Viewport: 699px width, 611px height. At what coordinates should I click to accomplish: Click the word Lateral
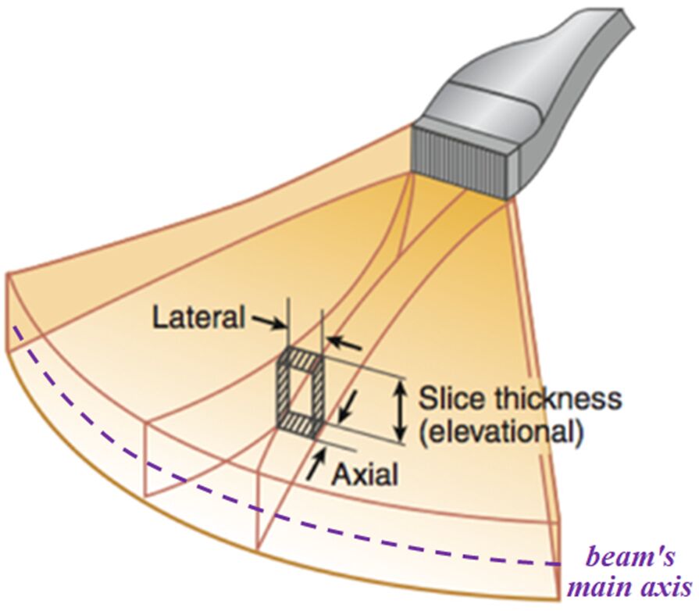(x=199, y=318)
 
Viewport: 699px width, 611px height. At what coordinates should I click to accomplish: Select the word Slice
(x=451, y=399)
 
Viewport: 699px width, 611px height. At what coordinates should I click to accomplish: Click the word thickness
(x=555, y=399)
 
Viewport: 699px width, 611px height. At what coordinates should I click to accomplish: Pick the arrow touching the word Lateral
(x=266, y=321)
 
